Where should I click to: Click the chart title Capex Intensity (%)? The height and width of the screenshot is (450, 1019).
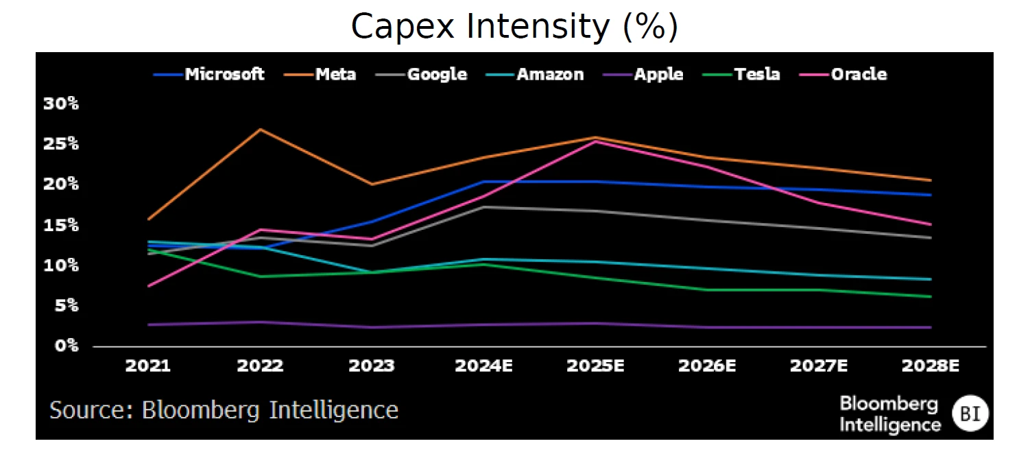click(x=514, y=27)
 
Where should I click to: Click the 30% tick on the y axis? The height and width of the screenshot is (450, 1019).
click(x=61, y=104)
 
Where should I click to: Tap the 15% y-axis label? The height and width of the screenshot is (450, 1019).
click(x=61, y=225)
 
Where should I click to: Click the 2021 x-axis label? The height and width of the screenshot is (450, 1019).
click(x=148, y=366)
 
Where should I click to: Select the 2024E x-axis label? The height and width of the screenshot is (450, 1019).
click(x=483, y=366)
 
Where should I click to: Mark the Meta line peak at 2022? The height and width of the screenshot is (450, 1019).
click(x=260, y=129)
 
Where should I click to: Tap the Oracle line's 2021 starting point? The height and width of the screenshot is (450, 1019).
click(x=148, y=286)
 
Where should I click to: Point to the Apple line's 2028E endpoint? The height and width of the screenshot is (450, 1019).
click(x=931, y=327)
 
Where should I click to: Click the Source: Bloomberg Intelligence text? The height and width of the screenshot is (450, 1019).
click(x=224, y=410)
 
